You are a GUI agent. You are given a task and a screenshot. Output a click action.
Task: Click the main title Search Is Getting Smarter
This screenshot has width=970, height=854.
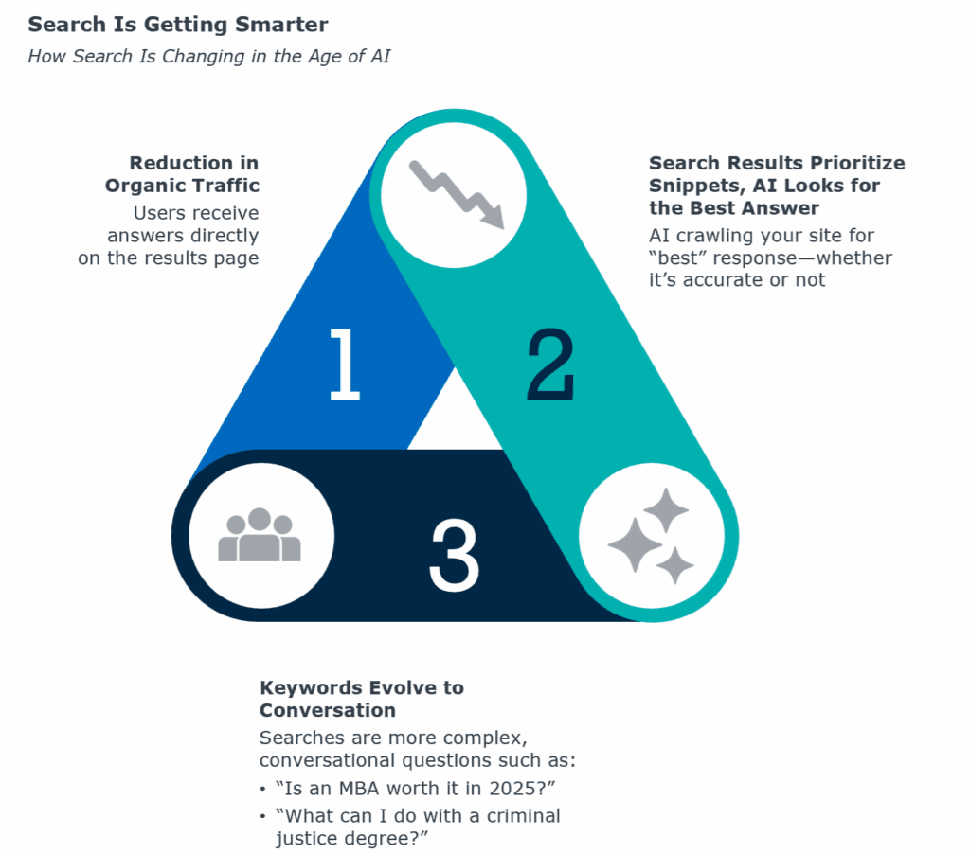point(177,25)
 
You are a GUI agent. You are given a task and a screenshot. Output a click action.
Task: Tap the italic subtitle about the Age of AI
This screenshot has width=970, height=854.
point(209,56)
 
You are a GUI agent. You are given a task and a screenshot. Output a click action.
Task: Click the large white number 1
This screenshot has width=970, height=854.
point(344,365)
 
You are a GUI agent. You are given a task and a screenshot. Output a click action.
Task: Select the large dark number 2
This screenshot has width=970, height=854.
point(550,365)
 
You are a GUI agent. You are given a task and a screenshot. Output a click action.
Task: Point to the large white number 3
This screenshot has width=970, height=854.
point(454,555)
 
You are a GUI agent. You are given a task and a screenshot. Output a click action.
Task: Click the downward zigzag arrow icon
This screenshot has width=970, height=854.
point(458,194)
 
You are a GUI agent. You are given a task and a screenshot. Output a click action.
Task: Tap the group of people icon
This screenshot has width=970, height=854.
point(260,535)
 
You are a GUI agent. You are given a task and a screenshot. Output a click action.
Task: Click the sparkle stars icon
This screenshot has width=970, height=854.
point(650,536)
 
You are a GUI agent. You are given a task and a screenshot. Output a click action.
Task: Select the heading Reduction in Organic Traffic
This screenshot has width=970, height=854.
point(182,174)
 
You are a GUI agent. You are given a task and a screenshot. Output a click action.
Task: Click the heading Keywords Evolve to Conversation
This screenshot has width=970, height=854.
point(362,699)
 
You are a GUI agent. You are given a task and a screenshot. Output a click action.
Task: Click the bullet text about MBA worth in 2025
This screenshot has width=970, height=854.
point(415,789)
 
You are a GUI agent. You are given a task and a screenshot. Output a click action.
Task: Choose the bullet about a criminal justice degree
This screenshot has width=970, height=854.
point(418,827)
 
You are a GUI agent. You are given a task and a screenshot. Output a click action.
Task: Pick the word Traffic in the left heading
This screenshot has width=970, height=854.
point(225,186)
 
